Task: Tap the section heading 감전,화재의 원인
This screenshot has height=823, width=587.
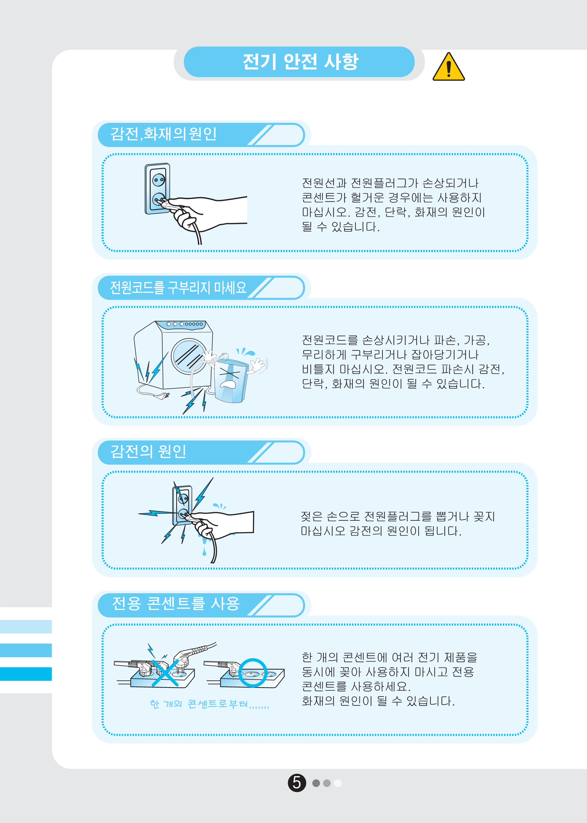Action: click(x=163, y=134)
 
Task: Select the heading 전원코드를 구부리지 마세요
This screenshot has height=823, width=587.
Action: click(x=178, y=287)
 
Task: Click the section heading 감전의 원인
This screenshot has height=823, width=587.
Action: click(x=148, y=451)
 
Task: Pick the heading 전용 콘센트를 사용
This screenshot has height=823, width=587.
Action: click(x=176, y=604)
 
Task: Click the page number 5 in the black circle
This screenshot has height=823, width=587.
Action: click(x=297, y=783)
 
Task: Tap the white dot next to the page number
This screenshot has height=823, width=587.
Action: click(x=338, y=783)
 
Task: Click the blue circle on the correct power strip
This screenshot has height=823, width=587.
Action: click(x=253, y=673)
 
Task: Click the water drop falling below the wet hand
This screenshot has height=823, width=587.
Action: click(x=204, y=552)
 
